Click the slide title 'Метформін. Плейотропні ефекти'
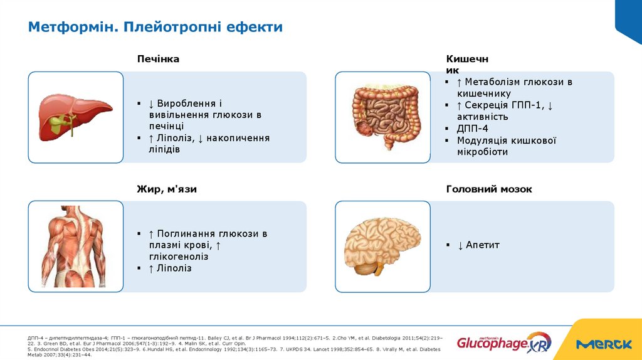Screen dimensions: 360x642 155,27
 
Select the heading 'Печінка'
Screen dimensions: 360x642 158,59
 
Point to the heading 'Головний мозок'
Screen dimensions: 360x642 489,189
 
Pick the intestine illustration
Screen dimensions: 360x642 382,117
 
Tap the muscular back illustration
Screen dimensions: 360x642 76,246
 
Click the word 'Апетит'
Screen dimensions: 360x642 483,245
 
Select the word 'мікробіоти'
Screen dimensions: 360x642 482,152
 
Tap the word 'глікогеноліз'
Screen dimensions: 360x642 179,257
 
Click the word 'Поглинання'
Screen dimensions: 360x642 186,234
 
